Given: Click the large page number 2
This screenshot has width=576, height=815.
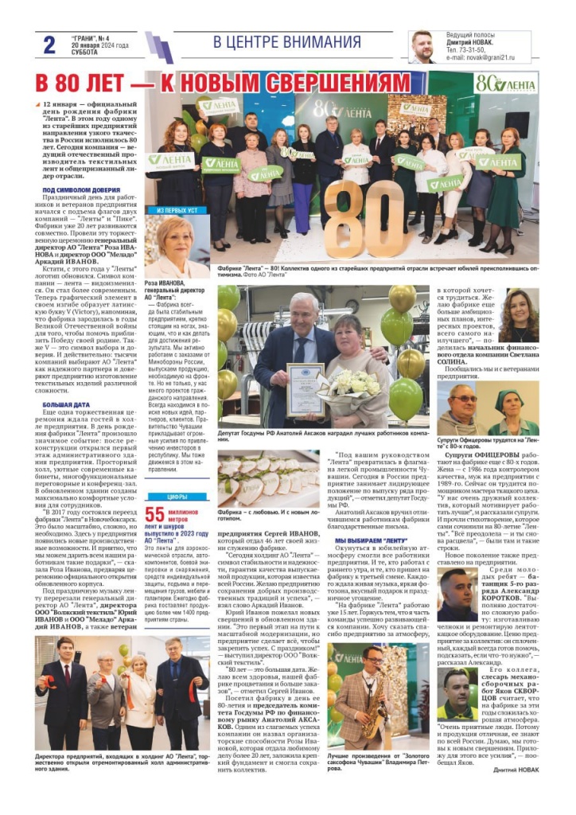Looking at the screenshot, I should tap(49, 45).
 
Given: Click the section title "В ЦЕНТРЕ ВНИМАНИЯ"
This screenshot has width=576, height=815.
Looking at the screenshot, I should tap(287, 43).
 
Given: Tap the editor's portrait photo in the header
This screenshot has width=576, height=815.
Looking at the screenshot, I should tap(422, 47).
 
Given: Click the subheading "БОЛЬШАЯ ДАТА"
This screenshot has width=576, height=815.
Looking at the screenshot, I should tap(66, 405).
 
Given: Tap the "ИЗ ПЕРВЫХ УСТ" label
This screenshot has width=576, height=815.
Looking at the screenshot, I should tap(177, 210).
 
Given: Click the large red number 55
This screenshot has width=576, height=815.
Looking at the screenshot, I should tap(155, 513).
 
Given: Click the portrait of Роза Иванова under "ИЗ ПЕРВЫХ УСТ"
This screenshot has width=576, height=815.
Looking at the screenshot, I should tap(177, 248).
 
